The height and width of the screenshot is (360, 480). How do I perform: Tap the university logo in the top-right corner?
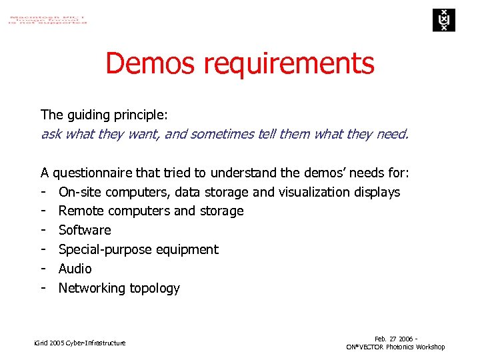coord(442,20)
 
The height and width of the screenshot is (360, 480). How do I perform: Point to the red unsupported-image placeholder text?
coord(47,18)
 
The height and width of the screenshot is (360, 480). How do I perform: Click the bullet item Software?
coord(85,231)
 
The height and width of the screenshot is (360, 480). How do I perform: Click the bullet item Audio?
coord(75,269)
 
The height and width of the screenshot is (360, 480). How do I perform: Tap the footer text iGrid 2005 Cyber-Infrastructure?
coord(79,343)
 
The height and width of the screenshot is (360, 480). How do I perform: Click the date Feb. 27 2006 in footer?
coord(393,339)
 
